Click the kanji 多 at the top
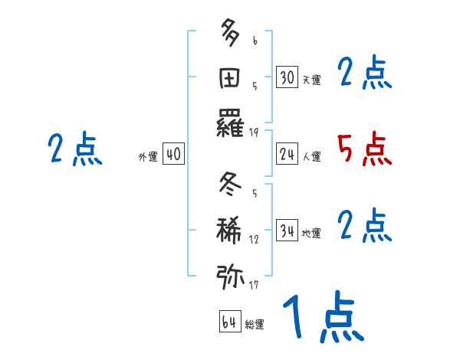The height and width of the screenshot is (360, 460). pyautogui.click(x=231, y=34)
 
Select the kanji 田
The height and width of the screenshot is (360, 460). pyautogui.click(x=231, y=77)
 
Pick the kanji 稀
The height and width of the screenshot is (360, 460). pyautogui.click(x=231, y=230)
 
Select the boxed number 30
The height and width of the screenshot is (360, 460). pyautogui.click(x=287, y=77)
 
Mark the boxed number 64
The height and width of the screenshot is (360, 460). pyautogui.click(x=229, y=322)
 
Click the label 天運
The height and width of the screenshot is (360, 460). pyautogui.click(x=311, y=80)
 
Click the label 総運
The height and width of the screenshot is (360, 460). pyautogui.click(x=255, y=324)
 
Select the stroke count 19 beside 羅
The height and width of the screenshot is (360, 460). pyautogui.click(x=254, y=133)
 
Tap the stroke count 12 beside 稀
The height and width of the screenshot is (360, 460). pyautogui.click(x=254, y=240)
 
